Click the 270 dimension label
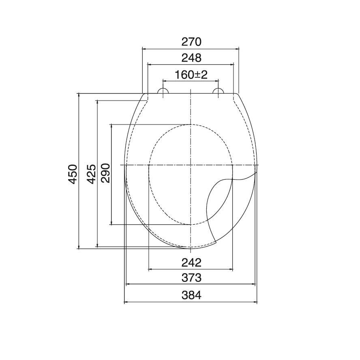click(191, 42)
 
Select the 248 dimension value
click(191, 58)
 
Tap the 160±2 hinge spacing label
click(191, 75)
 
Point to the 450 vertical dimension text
click(73, 174)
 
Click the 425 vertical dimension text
click(91, 174)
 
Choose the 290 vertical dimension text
click(106, 173)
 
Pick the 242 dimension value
click(191, 263)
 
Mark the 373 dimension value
click(191, 278)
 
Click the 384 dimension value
click(191, 295)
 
